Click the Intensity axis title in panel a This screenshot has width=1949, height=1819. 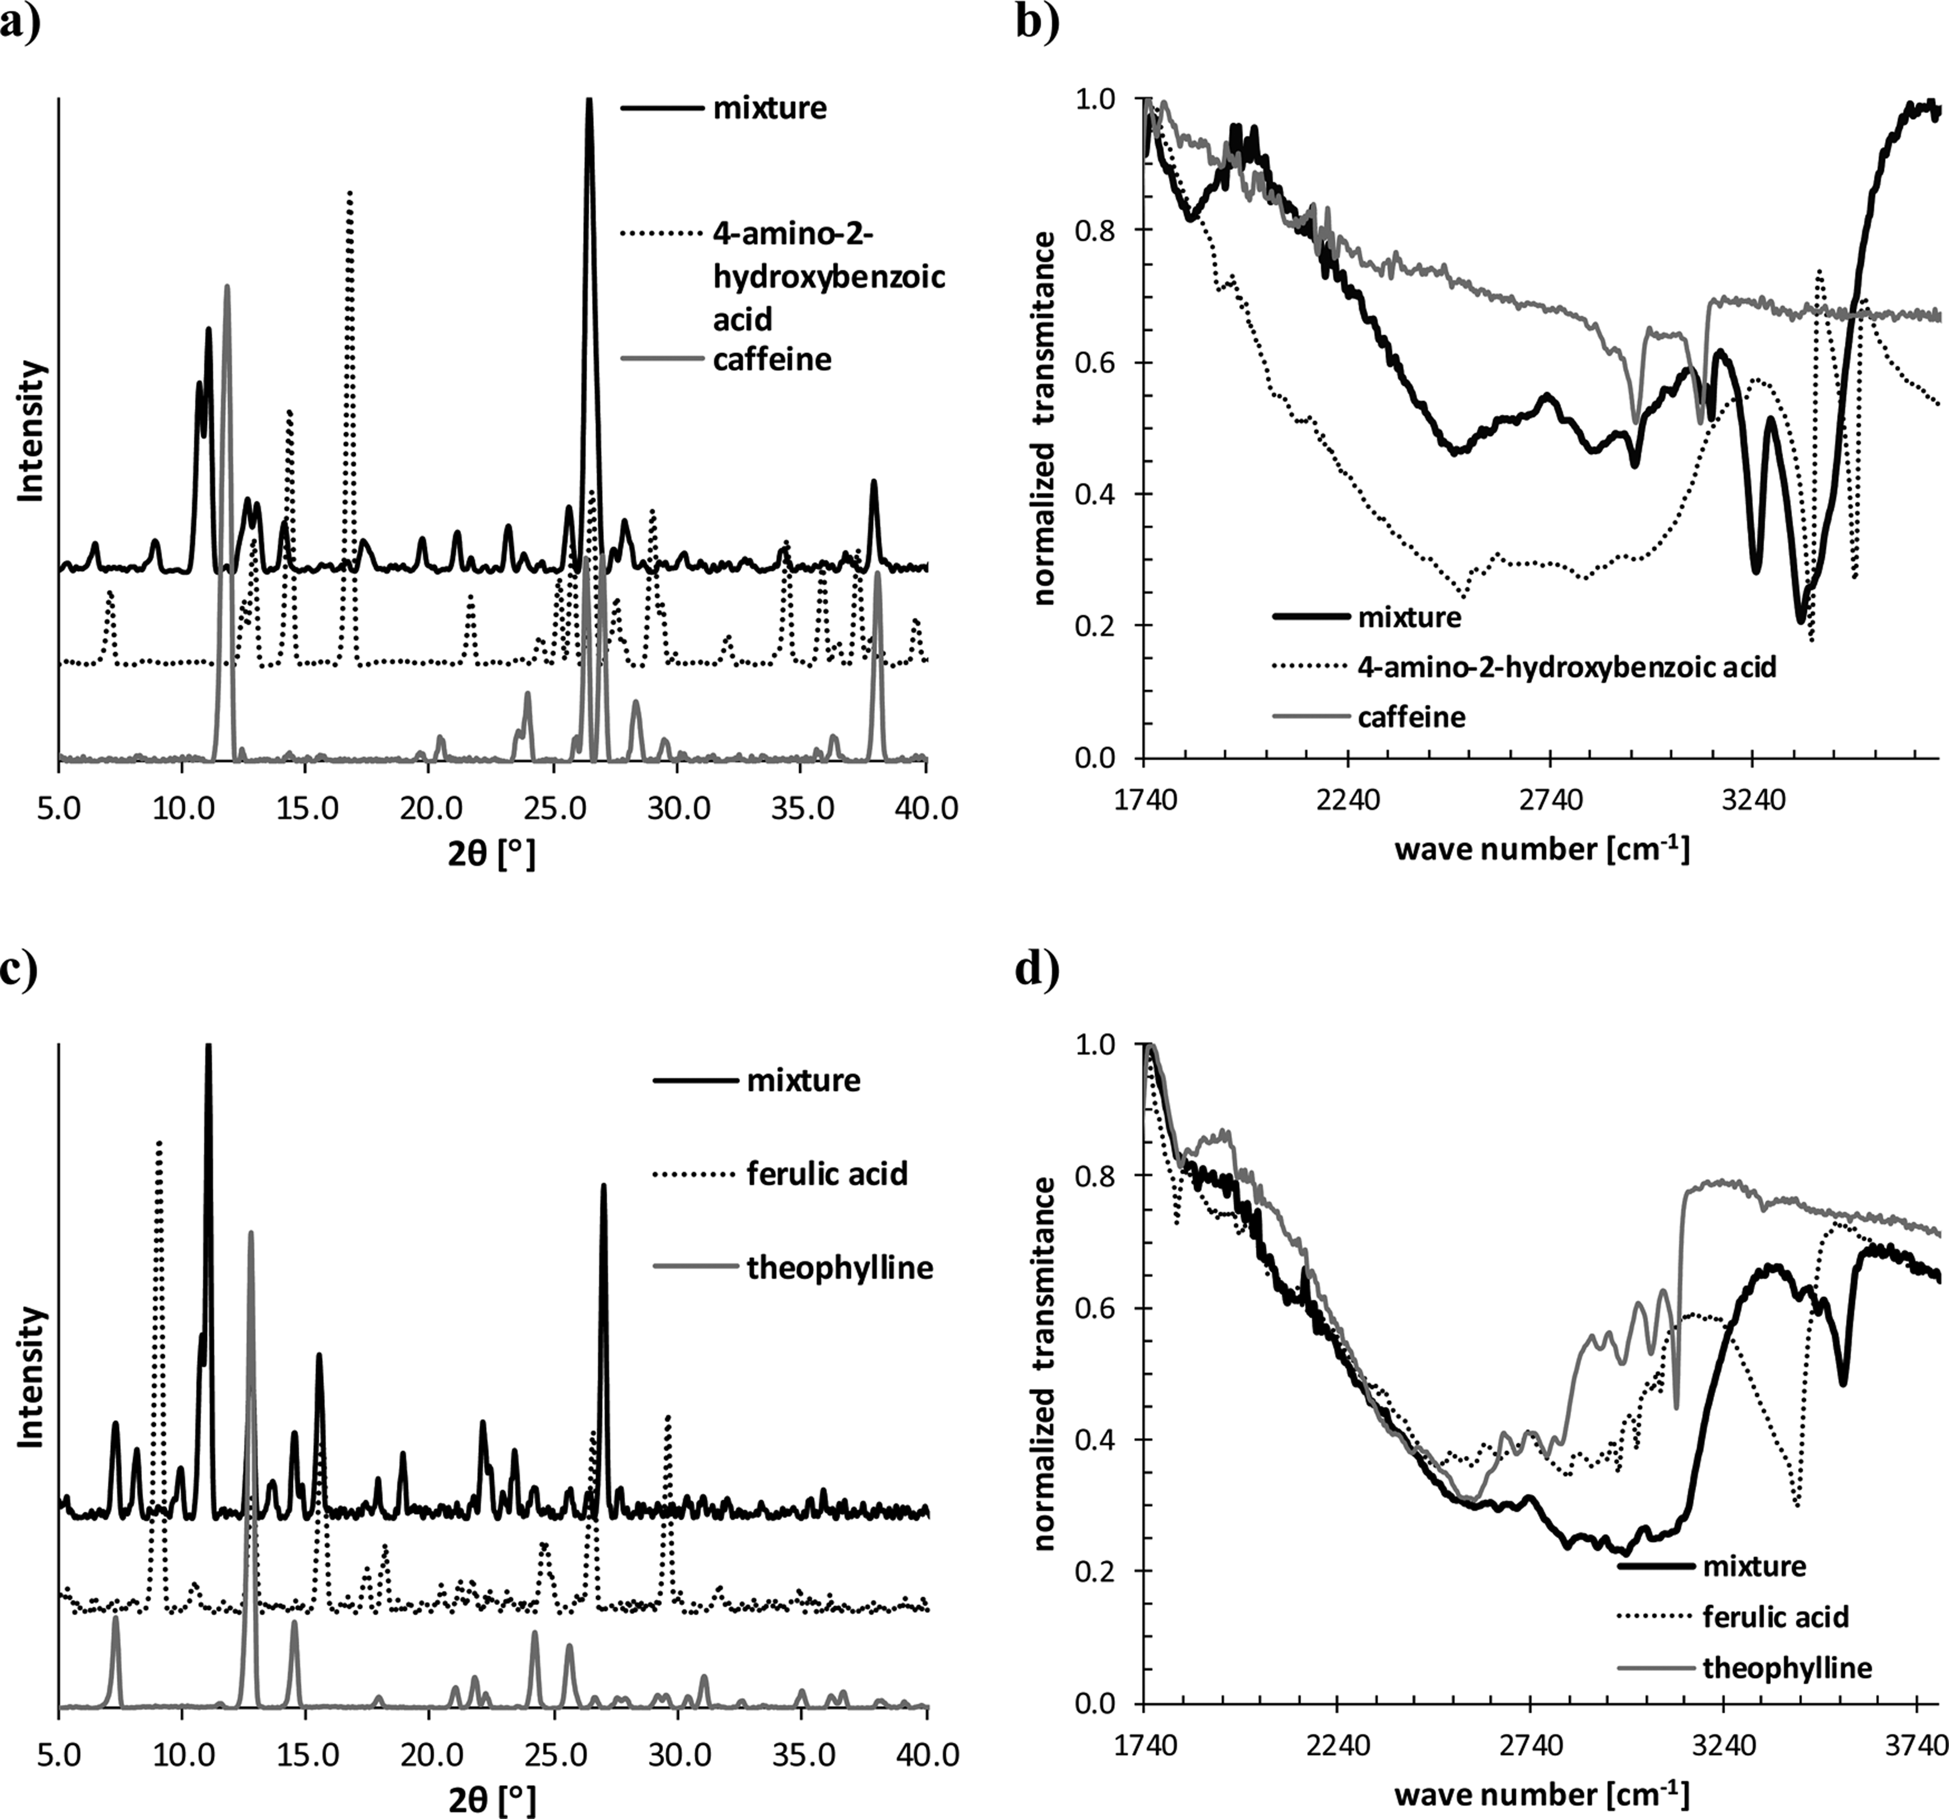32,431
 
